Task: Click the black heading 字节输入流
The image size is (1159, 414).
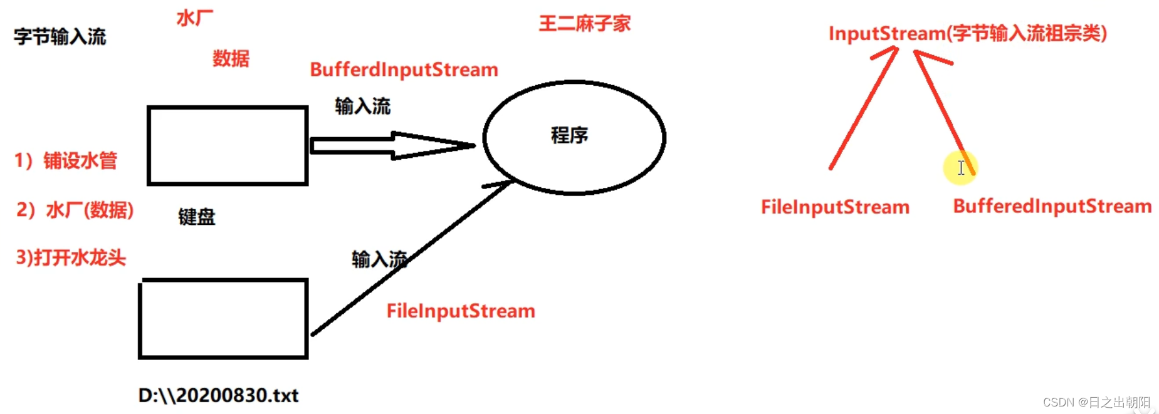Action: coord(60,37)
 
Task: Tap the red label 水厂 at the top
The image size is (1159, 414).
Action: coord(195,18)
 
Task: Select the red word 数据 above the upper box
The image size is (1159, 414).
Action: coord(231,59)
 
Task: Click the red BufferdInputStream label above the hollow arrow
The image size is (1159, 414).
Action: coord(404,70)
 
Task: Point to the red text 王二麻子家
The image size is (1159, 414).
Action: coord(584,24)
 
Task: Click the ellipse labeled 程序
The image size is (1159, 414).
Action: coord(574,137)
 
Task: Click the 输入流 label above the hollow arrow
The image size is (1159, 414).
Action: coord(362,106)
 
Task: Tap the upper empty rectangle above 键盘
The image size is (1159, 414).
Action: coord(228,146)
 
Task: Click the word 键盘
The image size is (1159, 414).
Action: coord(196,217)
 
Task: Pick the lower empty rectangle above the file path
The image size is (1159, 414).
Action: coord(223,319)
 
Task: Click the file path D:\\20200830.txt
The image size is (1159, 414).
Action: coord(218,396)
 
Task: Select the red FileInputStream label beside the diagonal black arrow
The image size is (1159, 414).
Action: coord(461,311)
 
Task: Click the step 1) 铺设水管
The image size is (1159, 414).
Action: coord(66,161)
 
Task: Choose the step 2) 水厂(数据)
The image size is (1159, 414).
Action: coord(75,210)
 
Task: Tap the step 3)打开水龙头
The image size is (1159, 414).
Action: coord(71,257)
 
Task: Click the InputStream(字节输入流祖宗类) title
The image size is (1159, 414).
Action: coord(967,33)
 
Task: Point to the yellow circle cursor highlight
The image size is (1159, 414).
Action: coord(960,167)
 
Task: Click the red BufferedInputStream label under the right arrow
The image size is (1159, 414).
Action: coord(1052,207)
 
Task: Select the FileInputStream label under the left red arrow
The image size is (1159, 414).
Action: coord(835,207)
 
